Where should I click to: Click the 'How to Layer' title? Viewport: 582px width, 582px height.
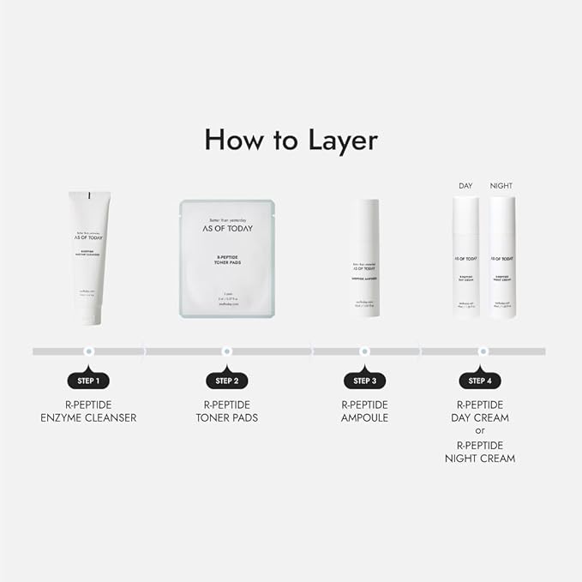[x=291, y=140]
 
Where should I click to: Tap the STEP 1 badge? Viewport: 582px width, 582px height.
[x=88, y=381]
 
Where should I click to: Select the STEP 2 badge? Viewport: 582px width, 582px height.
[x=226, y=381]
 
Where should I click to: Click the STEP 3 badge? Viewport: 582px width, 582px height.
[x=364, y=381]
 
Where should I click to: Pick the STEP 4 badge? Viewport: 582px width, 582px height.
[x=480, y=381]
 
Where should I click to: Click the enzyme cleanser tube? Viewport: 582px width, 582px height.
[x=88, y=257]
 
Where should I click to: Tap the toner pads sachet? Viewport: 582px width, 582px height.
[x=226, y=259]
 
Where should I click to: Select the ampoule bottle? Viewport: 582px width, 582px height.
[x=364, y=258]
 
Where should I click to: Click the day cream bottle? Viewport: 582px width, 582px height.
[x=465, y=257]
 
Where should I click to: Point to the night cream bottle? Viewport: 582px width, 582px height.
[x=502, y=257]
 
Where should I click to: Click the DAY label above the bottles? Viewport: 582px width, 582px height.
[x=465, y=186]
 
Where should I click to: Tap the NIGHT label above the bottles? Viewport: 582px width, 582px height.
[x=501, y=186]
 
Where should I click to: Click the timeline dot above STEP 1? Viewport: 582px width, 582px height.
[x=88, y=351]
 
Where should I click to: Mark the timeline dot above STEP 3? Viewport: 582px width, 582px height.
[x=364, y=351]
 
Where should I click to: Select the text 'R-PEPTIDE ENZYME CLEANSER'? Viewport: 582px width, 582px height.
[x=88, y=411]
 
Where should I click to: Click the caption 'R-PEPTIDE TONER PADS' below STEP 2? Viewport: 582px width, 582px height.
[x=226, y=411]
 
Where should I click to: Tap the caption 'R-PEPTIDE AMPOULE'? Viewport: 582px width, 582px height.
[x=364, y=411]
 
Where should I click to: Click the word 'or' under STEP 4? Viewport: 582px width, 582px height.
[x=480, y=431]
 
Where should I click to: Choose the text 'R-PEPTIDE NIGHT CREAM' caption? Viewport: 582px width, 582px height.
[x=480, y=452]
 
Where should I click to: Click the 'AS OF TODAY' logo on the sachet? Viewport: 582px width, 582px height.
[x=226, y=230]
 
